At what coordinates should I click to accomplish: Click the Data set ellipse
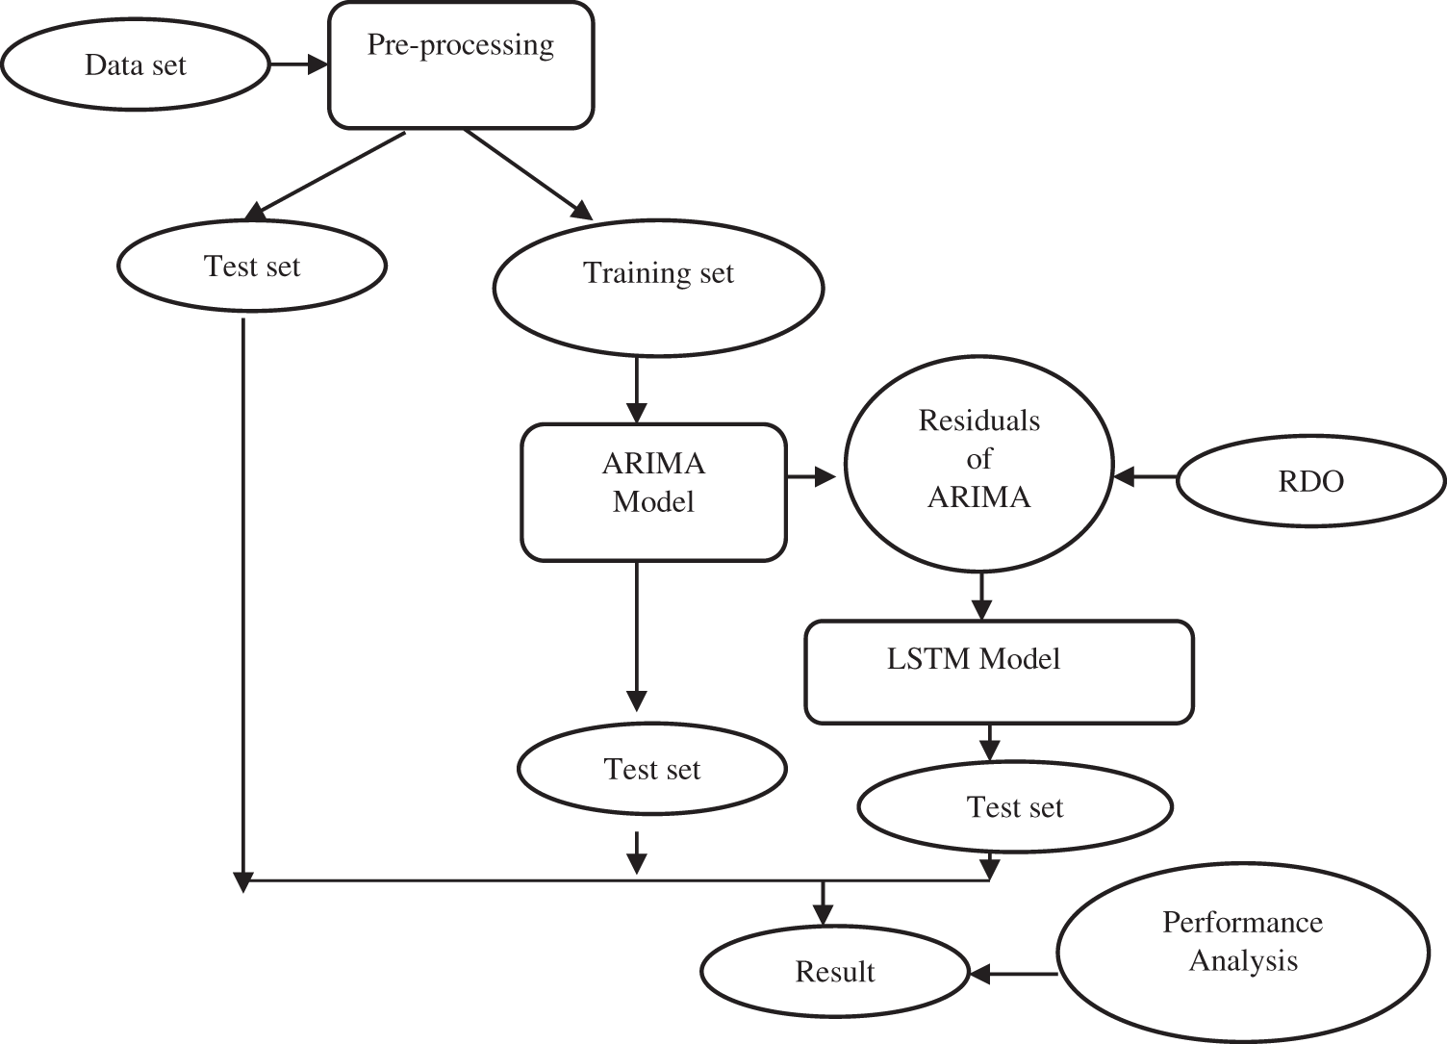tap(136, 65)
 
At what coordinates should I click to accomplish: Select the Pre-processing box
tap(461, 65)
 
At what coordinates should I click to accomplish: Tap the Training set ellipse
tap(658, 286)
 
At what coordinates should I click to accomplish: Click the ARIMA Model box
tap(653, 492)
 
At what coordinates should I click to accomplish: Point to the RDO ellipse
tap(1310, 480)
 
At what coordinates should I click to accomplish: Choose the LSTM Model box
tap(999, 672)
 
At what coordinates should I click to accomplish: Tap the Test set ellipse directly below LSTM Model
tap(1015, 806)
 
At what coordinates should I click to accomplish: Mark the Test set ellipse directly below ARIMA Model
tap(652, 769)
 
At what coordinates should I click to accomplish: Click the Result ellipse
tap(834, 972)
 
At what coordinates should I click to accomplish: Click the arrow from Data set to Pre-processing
tap(299, 65)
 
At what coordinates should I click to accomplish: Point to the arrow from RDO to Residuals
tap(1145, 476)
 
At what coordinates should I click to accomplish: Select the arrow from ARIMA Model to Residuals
tap(812, 476)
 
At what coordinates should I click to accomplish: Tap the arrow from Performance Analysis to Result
tap(1014, 974)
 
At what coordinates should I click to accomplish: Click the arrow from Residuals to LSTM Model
tap(980, 597)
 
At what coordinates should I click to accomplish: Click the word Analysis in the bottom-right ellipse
tap(1243, 961)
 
